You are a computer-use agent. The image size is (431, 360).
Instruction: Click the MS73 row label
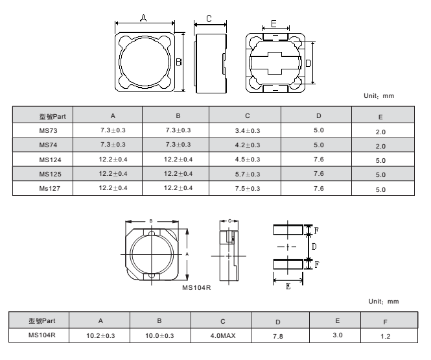[48, 130]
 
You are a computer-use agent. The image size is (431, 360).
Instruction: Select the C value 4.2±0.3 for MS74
[248, 145]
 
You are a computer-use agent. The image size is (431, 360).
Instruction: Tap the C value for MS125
[248, 174]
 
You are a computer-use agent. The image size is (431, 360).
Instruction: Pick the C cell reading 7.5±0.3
[248, 188]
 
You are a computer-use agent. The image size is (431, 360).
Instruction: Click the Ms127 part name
[49, 188]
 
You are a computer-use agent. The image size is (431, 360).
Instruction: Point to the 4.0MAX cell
[223, 335]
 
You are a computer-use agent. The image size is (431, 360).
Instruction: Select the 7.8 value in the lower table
[278, 336]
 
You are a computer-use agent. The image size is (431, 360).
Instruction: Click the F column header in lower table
[386, 322]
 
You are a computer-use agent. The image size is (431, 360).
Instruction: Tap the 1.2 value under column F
[386, 336]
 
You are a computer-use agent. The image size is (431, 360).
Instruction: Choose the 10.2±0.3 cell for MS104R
[100, 335]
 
